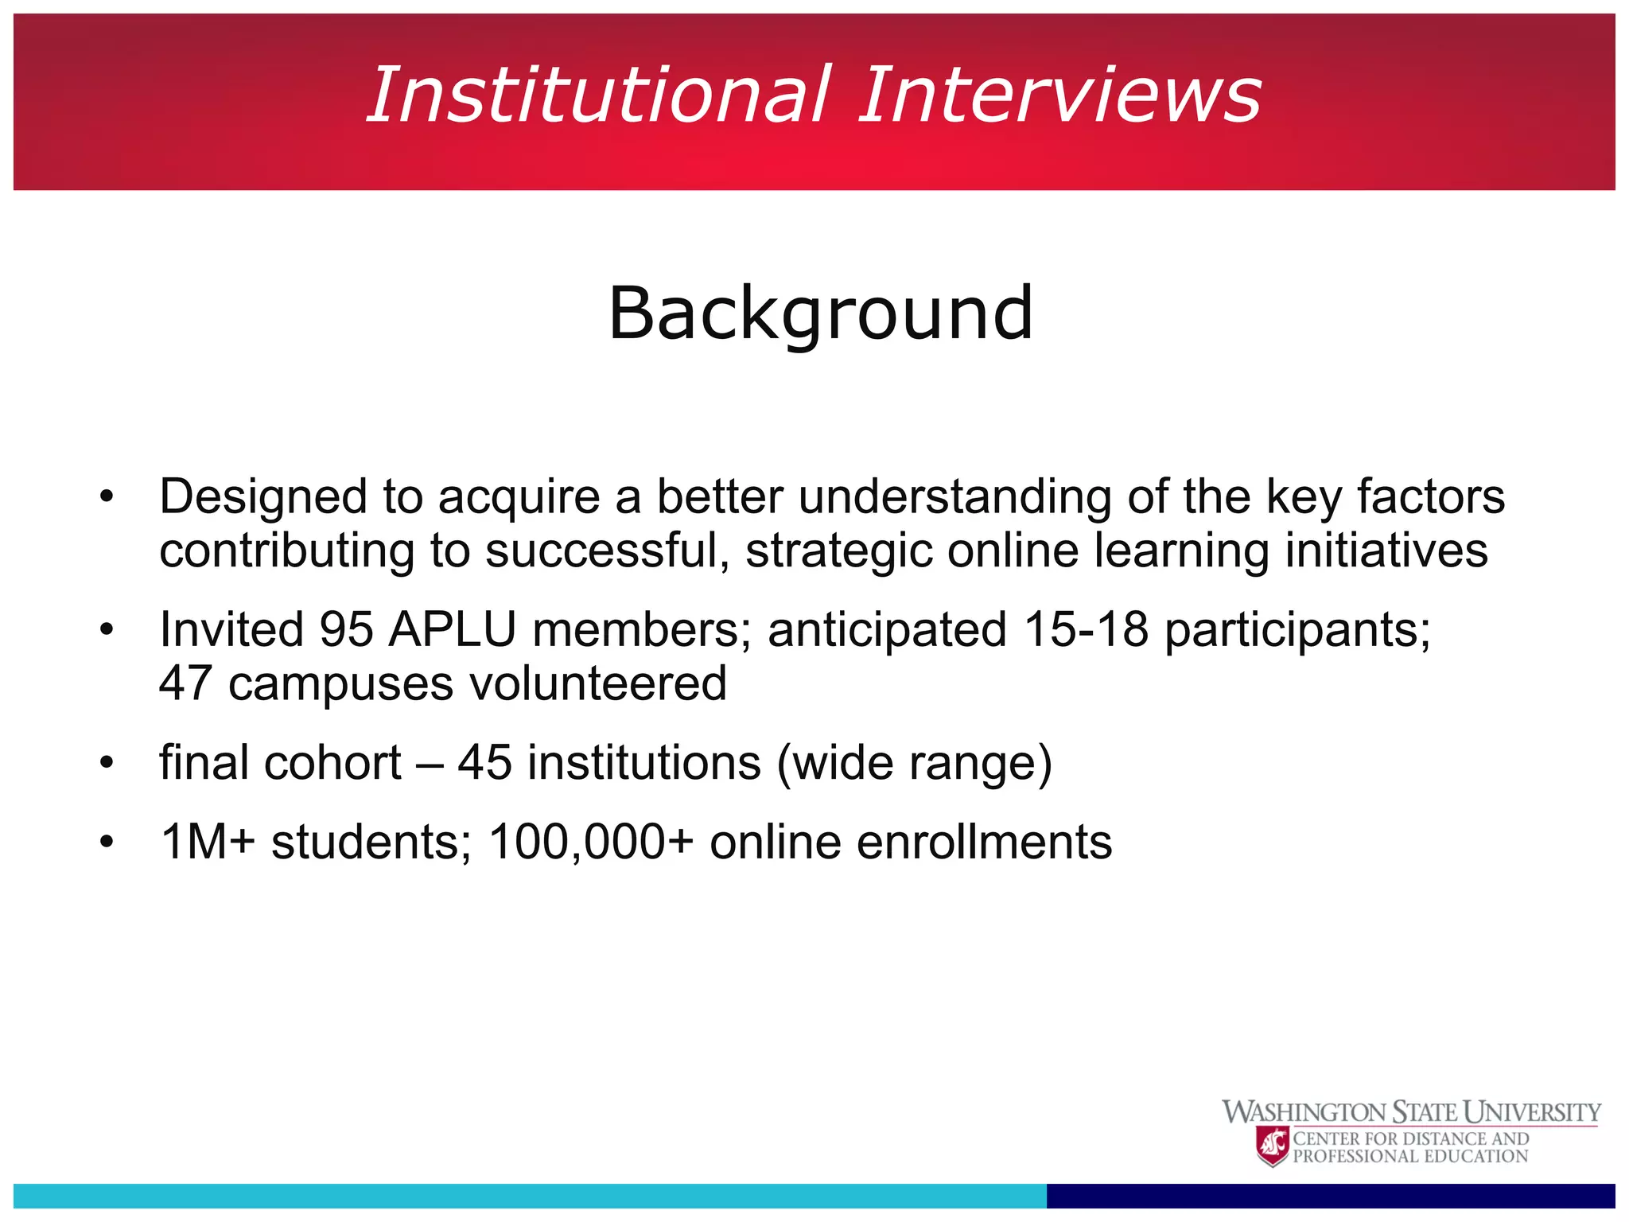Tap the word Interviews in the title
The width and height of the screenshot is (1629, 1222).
tap(1059, 95)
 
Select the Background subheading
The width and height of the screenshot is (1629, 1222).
tap(821, 313)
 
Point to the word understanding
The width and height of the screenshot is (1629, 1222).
tap(955, 498)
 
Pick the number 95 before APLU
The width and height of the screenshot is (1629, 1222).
tap(346, 630)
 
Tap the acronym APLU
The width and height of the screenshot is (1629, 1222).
tap(453, 630)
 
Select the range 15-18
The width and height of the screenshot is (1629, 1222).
tap(1086, 630)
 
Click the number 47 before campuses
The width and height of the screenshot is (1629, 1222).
tap(185, 683)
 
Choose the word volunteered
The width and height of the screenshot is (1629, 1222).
tap(597, 683)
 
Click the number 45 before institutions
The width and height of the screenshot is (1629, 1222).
tap(484, 763)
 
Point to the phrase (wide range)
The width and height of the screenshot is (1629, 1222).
tap(914, 764)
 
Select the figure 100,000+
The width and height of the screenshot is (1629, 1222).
tap(591, 843)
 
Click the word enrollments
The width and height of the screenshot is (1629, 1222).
tap(911, 843)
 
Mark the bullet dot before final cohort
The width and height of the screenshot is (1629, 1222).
tap(107, 764)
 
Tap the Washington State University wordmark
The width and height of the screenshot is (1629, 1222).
tap(1411, 1112)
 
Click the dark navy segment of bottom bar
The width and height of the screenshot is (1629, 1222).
tap(1330, 1196)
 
